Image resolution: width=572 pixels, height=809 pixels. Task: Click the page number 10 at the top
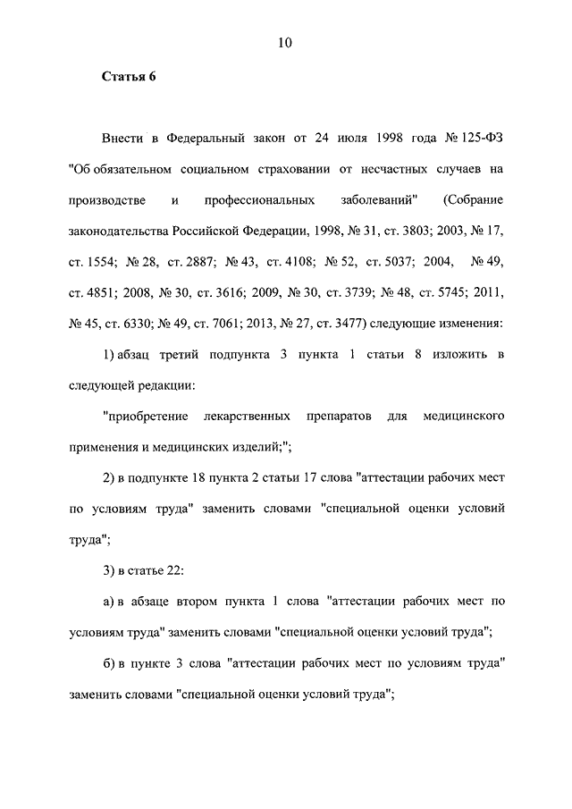point(285,42)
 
